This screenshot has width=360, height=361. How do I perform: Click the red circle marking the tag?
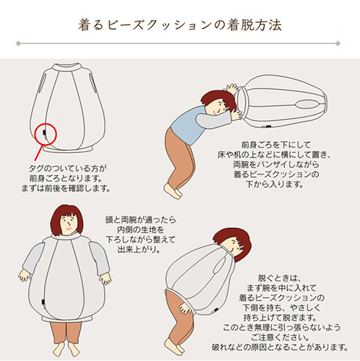pos(46,134)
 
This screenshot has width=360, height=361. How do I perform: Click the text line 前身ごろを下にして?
pos(276,145)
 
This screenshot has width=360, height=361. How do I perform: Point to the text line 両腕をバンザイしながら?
pos(276,165)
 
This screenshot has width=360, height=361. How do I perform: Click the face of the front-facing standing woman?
pos(67,221)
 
